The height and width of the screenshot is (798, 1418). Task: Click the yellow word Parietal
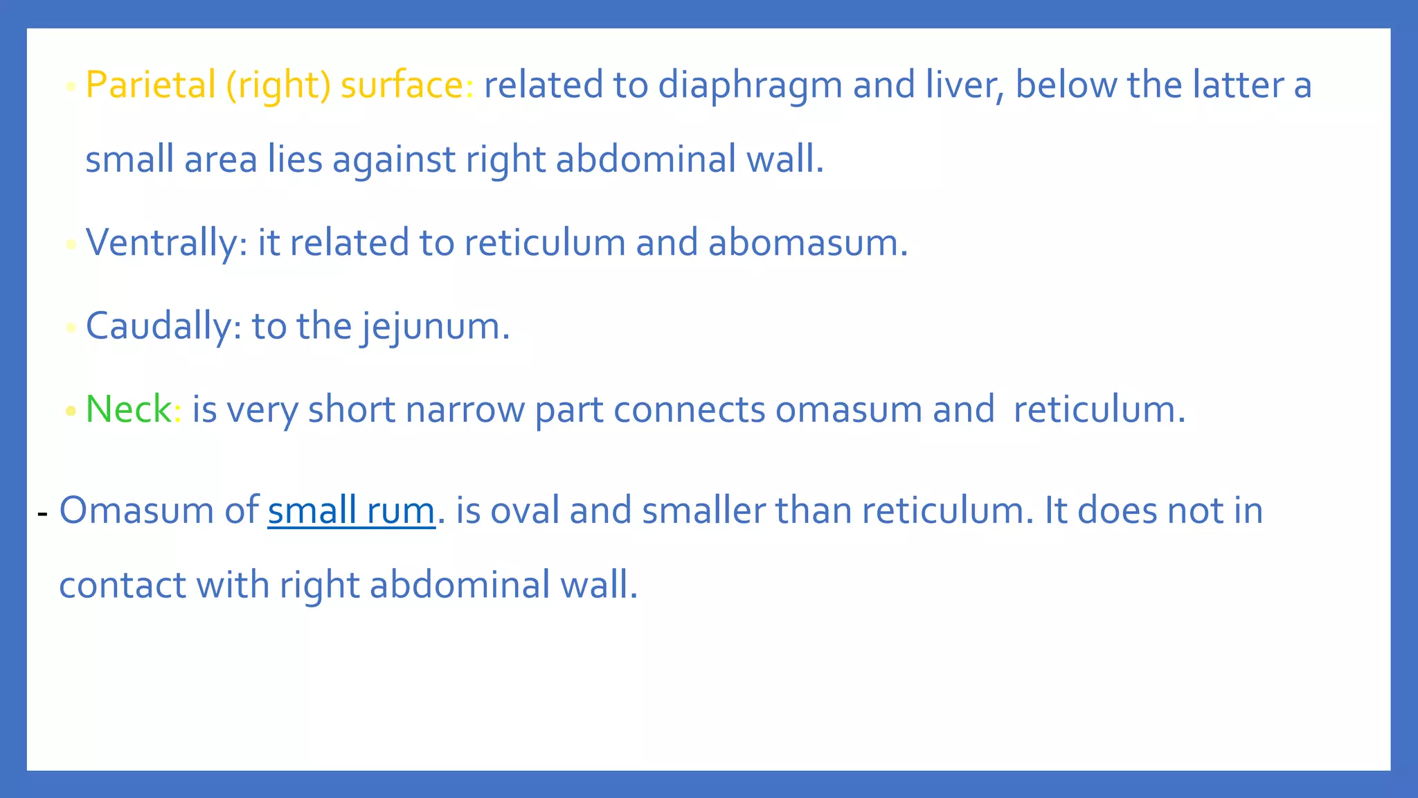pos(150,85)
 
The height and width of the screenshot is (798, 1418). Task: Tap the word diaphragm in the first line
pos(749,87)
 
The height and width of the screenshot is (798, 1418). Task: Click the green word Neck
pos(128,409)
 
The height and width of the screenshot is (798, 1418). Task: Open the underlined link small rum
pos(351,511)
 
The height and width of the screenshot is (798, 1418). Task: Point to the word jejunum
pos(435,327)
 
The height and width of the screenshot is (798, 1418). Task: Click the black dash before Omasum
pos(43,514)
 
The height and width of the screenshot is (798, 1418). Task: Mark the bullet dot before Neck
pos(71,411)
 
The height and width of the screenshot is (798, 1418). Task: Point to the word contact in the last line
pos(122,585)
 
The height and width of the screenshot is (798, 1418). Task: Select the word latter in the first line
pos(1238,85)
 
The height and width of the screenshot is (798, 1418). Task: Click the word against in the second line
pos(393,160)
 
